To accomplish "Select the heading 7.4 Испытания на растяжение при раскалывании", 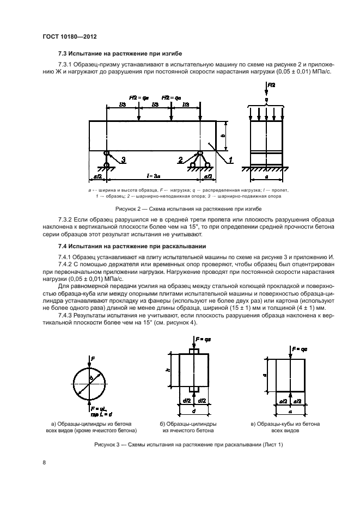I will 128,247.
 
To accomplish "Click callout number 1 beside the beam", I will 230,160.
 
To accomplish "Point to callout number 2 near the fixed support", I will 180,160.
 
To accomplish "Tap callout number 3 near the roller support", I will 124,160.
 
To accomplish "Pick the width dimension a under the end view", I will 266,176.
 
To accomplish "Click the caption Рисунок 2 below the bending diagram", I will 188,208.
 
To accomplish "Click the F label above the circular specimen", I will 93,359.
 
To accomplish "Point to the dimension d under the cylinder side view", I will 193,410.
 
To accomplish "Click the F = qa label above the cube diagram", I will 300,347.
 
